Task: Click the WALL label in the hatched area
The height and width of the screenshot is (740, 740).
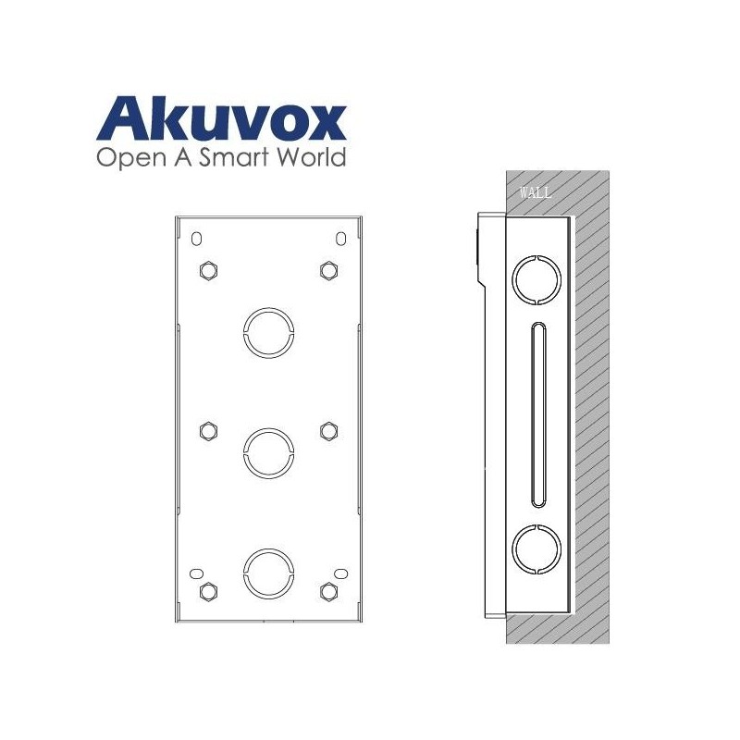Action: (536, 193)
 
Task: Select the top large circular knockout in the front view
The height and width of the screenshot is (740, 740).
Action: (267, 328)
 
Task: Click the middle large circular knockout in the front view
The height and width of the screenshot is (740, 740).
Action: (267, 450)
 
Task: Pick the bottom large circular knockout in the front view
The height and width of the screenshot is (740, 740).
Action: (267, 571)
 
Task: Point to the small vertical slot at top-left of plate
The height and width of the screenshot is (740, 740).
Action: (195, 239)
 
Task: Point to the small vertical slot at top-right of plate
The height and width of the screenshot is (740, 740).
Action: (340, 239)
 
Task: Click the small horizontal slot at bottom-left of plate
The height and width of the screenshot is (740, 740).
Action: (196, 574)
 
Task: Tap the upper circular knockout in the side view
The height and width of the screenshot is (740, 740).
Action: (536, 278)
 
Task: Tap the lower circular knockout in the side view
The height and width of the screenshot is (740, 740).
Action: (536, 547)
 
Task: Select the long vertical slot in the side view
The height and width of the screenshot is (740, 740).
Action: (536, 413)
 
